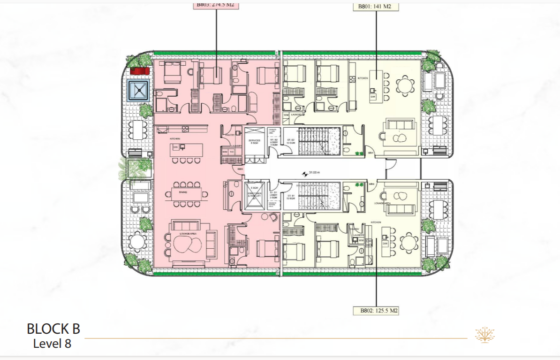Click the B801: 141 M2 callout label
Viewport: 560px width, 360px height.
[375, 7]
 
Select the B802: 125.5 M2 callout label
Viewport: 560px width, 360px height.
[376, 311]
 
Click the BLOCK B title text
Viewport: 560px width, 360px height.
[53, 329]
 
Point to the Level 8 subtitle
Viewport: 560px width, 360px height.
[52, 344]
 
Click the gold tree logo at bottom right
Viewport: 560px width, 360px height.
[484, 335]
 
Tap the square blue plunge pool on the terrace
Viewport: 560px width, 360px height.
[139, 90]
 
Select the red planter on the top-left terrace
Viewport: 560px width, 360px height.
[139, 71]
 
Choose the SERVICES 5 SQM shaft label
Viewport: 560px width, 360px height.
[255, 141]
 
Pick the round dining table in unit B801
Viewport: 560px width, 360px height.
[405, 86]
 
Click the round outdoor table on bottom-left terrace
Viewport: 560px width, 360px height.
[137, 242]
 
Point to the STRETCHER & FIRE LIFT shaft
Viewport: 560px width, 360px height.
[255, 194]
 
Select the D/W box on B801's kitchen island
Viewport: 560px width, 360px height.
[373, 96]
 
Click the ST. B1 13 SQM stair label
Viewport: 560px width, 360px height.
[290, 197]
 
